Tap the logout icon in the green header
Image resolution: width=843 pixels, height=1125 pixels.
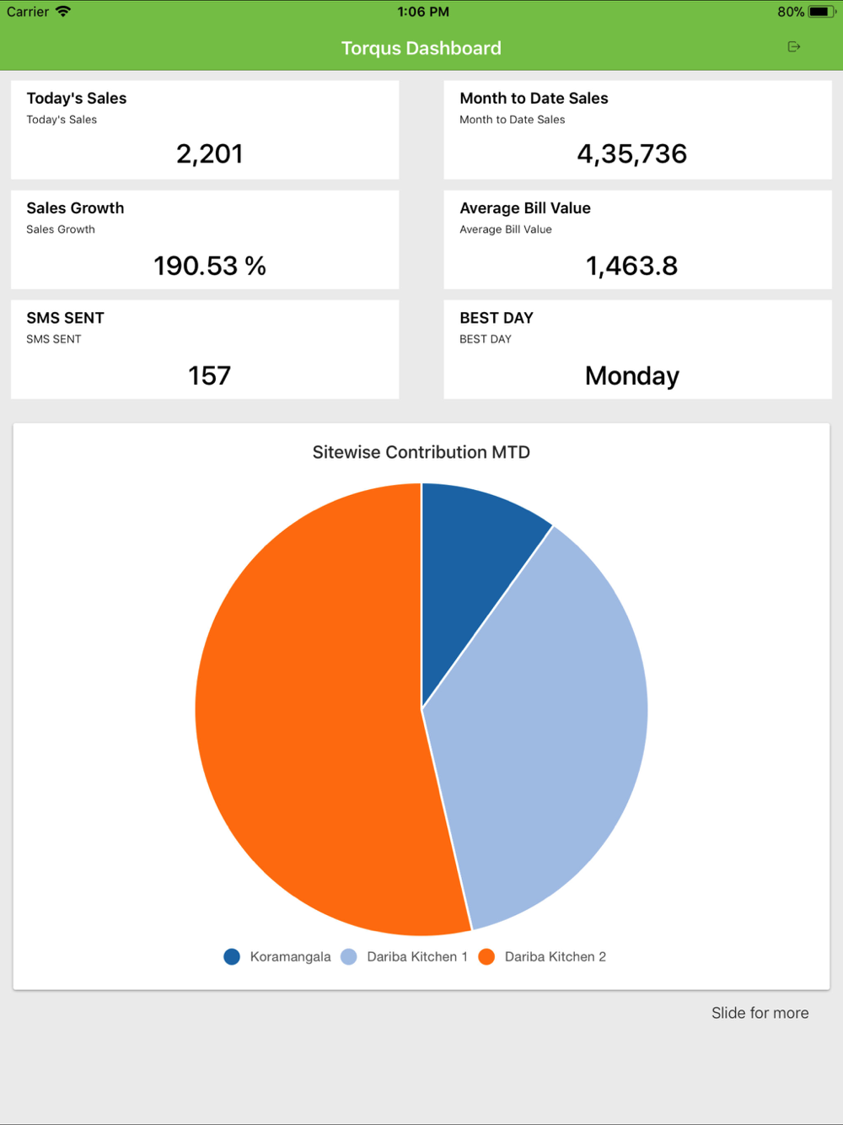pyautogui.click(x=793, y=47)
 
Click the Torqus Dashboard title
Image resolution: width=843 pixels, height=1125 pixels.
pyautogui.click(x=421, y=48)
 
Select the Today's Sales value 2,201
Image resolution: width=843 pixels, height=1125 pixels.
pyautogui.click(x=209, y=153)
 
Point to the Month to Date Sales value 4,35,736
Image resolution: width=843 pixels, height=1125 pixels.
pyautogui.click(x=631, y=153)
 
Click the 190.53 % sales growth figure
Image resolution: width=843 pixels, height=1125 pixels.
pyautogui.click(x=209, y=266)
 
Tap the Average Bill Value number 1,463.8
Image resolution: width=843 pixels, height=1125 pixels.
pyautogui.click(x=631, y=266)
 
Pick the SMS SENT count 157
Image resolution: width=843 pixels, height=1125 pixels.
pyautogui.click(x=209, y=375)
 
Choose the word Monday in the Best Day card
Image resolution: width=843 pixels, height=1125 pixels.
pyautogui.click(x=631, y=375)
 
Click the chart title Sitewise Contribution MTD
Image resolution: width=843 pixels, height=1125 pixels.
pyautogui.click(x=421, y=452)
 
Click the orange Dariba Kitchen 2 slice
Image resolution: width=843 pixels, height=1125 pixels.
pyautogui.click(x=312, y=717)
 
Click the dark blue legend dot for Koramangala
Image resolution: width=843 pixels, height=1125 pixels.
pyautogui.click(x=232, y=956)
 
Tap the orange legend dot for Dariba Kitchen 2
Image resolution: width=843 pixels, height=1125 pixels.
pyautogui.click(x=486, y=956)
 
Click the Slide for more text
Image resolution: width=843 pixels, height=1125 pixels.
pyautogui.click(x=760, y=1013)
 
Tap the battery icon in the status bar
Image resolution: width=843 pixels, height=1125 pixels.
pyautogui.click(x=820, y=12)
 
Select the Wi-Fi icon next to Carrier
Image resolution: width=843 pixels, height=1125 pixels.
pyautogui.click(x=63, y=12)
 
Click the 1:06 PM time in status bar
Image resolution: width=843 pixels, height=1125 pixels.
pyautogui.click(x=422, y=12)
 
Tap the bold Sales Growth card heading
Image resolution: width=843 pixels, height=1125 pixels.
pyautogui.click(x=75, y=208)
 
